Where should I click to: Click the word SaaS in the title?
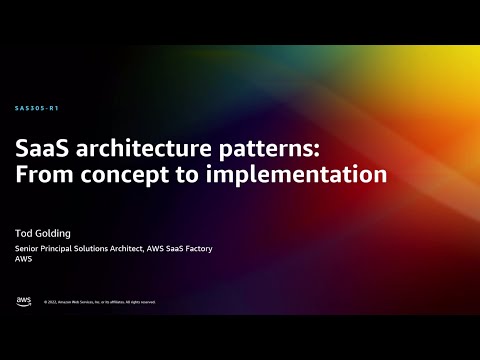pos(42,148)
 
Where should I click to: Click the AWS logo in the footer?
pos(23,300)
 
